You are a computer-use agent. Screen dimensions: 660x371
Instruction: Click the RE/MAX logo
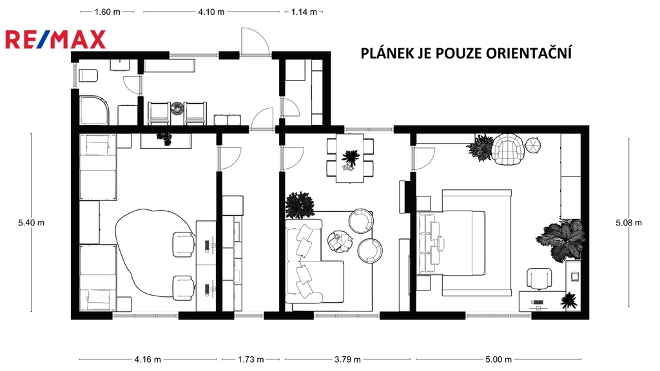tap(55, 39)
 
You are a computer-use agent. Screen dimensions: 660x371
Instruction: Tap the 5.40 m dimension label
tap(31, 222)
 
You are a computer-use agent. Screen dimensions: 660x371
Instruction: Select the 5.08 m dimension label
tap(629, 222)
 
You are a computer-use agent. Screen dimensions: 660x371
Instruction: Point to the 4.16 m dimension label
tap(148, 359)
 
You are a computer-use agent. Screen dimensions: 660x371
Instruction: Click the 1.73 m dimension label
tap(251, 359)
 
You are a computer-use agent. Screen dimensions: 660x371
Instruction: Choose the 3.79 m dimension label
tap(347, 359)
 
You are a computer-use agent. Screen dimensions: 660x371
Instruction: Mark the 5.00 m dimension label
tap(499, 359)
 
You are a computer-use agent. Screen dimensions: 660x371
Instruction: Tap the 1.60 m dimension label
tap(108, 12)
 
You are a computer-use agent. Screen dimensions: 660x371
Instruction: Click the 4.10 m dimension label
tap(211, 12)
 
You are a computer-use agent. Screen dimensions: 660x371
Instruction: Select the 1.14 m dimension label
tap(304, 12)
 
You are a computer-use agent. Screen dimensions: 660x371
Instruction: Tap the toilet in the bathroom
tap(88, 75)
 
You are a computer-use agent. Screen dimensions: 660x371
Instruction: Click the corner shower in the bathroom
tap(94, 111)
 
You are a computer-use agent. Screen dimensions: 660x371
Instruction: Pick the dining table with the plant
tap(350, 158)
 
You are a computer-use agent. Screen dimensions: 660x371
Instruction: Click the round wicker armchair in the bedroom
tap(509, 147)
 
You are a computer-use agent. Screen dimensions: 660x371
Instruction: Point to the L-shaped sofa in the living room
tap(309, 261)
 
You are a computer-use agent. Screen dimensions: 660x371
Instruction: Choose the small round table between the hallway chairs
tap(177, 108)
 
